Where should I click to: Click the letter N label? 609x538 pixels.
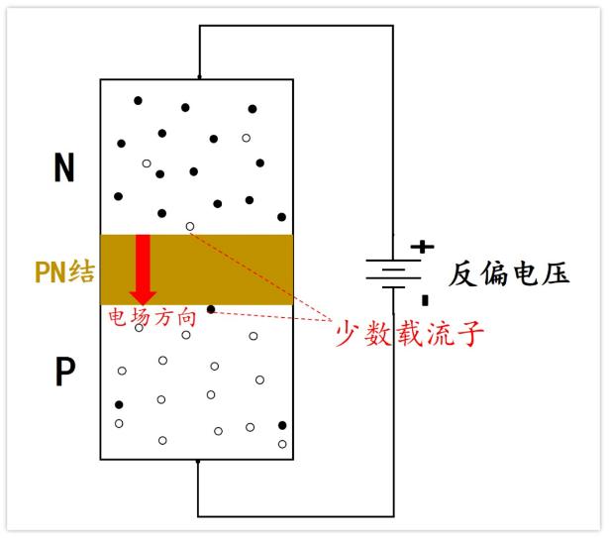pos(63,169)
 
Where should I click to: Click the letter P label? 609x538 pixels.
pos(64,374)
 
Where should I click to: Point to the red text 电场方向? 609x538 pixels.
pos(152,319)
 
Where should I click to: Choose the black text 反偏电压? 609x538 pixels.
pos(509,273)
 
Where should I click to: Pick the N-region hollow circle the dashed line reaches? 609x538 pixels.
pos(190,226)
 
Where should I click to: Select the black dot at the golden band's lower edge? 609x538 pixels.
pos(210,309)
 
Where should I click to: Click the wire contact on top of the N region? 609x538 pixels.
pos(199,77)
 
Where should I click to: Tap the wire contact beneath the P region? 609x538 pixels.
pos(199,463)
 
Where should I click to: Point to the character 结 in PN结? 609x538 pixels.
pos(81,270)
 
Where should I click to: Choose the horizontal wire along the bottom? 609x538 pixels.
pos(297,515)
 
